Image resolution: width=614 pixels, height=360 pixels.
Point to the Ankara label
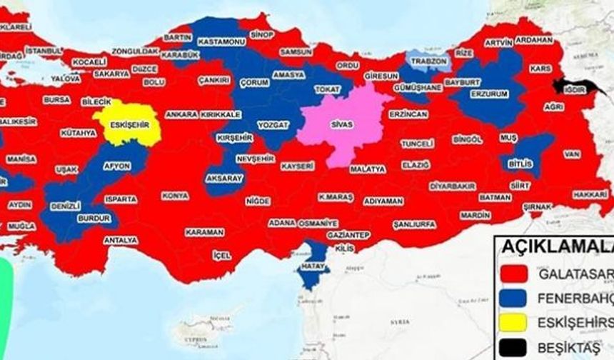click(181, 114)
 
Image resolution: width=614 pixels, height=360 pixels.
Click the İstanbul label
click(44, 51)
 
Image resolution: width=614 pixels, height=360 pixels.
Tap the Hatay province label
click(313, 266)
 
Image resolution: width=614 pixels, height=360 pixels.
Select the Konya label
click(175, 196)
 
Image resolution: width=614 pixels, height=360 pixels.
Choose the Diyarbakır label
click(452, 186)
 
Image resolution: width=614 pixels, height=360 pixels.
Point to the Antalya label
click(121, 241)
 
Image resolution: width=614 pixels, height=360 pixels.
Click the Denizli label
click(65, 206)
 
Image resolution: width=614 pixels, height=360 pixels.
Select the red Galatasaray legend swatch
click(514, 273)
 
